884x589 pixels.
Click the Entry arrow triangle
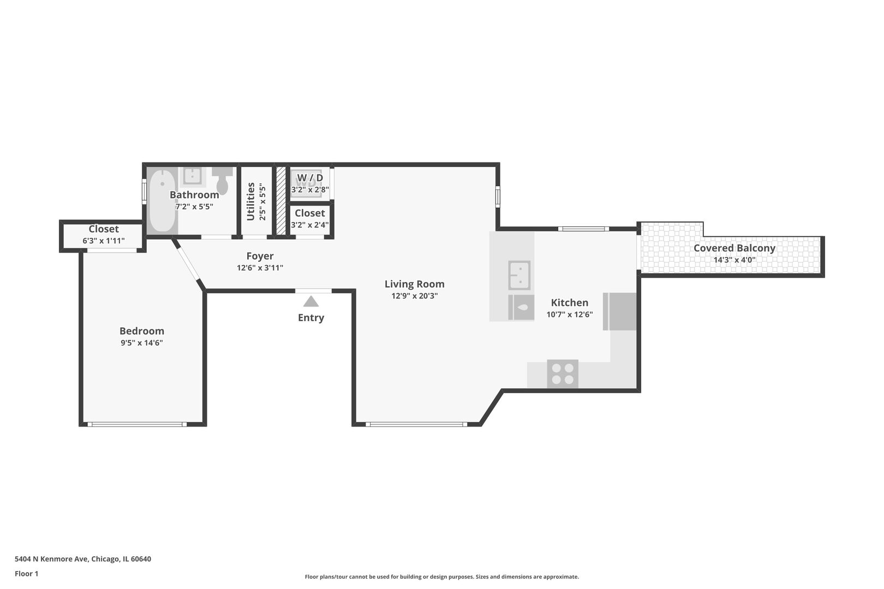[x=311, y=302]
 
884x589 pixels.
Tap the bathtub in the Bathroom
[x=162, y=200]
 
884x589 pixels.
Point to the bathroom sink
[x=193, y=176]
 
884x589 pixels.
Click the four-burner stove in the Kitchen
[x=563, y=374]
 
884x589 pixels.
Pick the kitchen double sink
[x=519, y=275]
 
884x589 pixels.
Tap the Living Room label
[x=414, y=284]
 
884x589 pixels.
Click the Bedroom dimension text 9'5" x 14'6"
[x=142, y=342]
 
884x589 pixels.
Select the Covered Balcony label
[x=734, y=248]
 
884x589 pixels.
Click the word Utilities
[x=250, y=201]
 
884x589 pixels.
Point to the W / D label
[x=310, y=178]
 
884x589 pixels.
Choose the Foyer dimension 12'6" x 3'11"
[x=260, y=268]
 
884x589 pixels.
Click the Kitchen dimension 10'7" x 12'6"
[x=570, y=315]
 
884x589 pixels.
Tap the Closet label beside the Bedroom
[x=103, y=229]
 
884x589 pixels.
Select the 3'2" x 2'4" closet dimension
[x=310, y=225]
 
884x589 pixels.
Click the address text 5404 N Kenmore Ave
[x=52, y=559]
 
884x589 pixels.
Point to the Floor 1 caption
[x=26, y=574]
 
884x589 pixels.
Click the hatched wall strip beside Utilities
[x=280, y=201]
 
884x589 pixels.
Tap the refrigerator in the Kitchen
[x=619, y=311]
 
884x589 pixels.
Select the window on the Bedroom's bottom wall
[x=137, y=424]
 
